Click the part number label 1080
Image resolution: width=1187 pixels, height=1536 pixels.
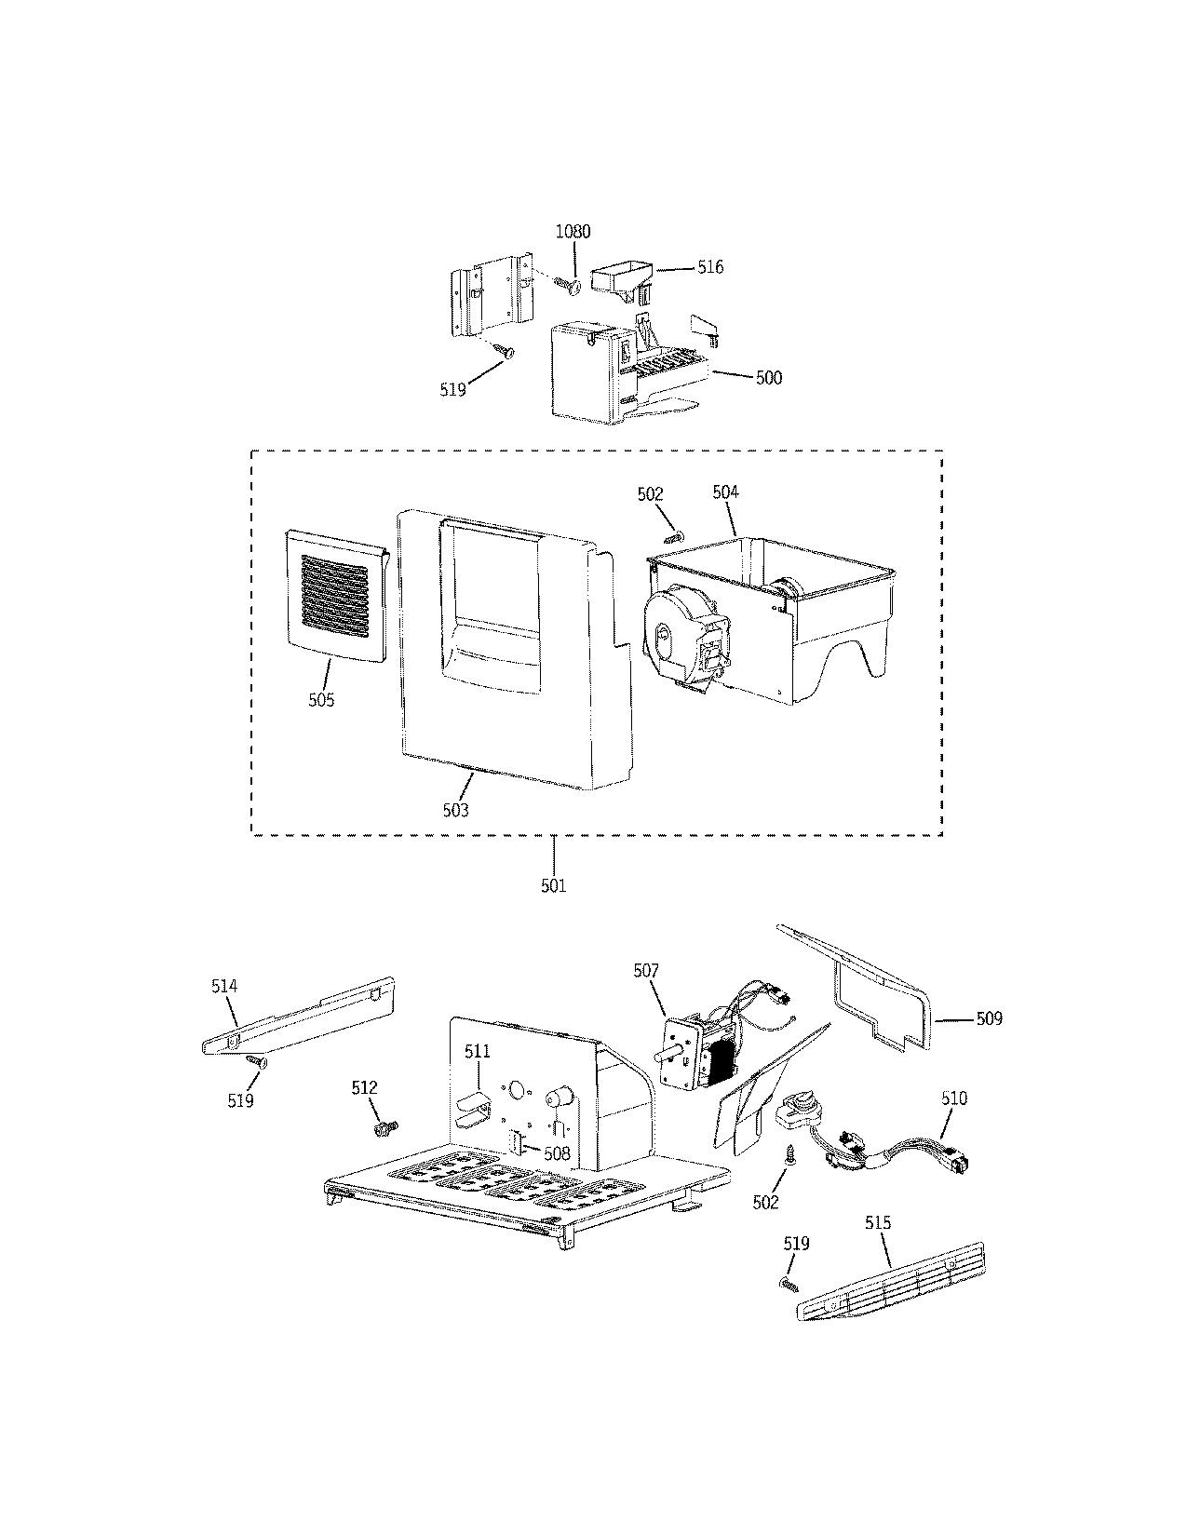573,232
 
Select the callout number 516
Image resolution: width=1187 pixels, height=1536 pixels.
710,268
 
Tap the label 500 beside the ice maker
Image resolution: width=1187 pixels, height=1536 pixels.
769,378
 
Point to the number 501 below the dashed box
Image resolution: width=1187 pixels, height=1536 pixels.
553,885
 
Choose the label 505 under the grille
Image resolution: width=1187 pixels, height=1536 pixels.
321,699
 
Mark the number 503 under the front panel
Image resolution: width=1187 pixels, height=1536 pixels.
455,810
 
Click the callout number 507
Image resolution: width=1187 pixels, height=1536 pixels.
646,971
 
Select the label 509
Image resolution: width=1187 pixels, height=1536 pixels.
989,1019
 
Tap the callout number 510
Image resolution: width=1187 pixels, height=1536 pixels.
954,1098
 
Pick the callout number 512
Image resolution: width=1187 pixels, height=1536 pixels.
364,1087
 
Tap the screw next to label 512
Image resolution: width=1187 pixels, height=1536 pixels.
383,1128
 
